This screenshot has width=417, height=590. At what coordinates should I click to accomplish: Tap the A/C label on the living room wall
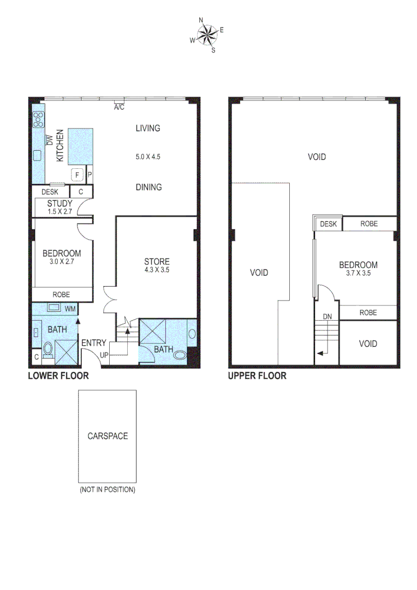(118, 108)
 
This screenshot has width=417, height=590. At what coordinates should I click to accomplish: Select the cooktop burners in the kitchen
(39, 120)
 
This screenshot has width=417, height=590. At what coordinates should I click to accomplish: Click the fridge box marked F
(77, 175)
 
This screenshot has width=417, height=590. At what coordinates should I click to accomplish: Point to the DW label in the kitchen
(49, 140)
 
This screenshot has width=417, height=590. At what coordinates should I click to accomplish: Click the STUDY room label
(59, 204)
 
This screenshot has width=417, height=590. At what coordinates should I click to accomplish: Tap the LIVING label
(148, 128)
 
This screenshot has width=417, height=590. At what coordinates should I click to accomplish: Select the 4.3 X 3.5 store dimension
(157, 269)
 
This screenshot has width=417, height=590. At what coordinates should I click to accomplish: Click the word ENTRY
(94, 343)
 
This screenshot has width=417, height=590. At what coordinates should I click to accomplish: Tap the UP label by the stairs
(103, 355)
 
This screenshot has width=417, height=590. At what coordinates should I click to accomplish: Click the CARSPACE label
(108, 436)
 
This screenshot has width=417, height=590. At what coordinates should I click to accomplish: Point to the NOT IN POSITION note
(108, 489)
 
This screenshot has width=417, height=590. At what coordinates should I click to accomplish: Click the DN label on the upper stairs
(327, 316)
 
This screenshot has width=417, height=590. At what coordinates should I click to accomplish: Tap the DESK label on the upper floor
(328, 224)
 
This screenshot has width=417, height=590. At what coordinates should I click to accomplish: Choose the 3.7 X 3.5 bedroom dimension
(358, 274)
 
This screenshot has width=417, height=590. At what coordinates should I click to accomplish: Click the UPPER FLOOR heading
(257, 376)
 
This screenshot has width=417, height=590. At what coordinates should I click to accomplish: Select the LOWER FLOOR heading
(58, 376)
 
